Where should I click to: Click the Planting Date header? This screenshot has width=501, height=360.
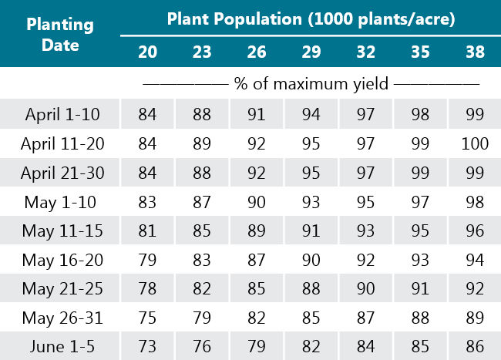pyautogui.click(x=60, y=35)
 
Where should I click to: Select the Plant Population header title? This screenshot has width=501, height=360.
pyautogui.click(x=311, y=19)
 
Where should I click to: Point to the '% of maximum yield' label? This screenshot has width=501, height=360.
pyautogui.click(x=311, y=82)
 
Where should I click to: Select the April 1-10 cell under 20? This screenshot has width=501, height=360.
pyautogui.click(x=147, y=114)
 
